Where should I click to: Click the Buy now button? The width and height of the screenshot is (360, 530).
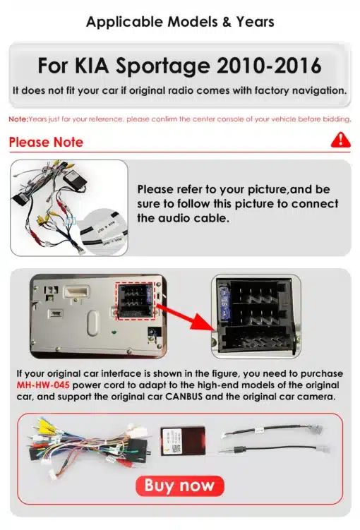[180, 486]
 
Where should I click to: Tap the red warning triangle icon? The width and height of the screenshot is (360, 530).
[341, 140]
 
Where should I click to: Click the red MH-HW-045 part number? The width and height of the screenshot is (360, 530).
[43, 385]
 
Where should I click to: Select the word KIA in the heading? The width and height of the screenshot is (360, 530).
[91, 66]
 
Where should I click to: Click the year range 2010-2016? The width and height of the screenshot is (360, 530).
[269, 66]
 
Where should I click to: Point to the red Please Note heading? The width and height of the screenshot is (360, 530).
[46, 143]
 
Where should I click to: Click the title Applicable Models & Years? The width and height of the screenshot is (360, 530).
[180, 22]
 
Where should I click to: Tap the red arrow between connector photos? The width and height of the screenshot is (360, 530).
[186, 317]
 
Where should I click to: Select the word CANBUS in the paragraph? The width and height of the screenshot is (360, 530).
[184, 397]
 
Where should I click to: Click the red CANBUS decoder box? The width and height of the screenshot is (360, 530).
[183, 441]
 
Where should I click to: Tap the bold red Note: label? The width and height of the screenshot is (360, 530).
[18, 119]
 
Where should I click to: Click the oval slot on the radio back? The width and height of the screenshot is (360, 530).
[92, 323]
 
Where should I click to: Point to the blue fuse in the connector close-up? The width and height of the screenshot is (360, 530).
[224, 300]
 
